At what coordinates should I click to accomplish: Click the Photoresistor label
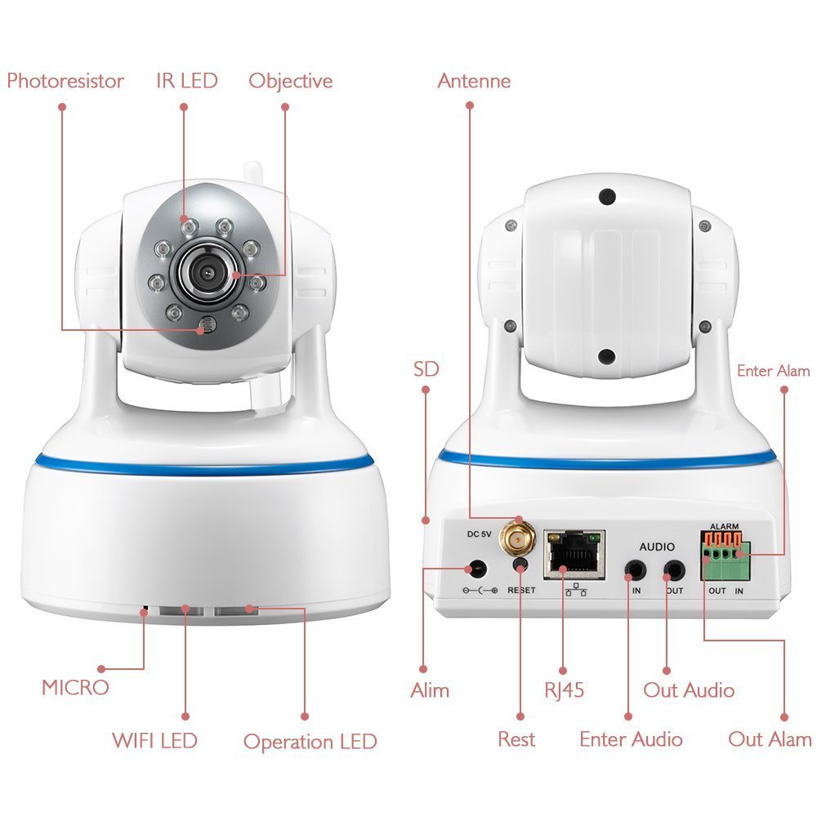(x=65, y=81)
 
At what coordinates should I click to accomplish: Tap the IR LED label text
(x=186, y=81)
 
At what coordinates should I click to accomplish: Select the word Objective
(x=290, y=81)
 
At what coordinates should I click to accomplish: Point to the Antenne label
(x=474, y=81)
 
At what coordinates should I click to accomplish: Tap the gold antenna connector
(x=517, y=538)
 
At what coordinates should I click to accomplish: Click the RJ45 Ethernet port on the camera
(x=574, y=555)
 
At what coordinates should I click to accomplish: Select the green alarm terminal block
(x=725, y=556)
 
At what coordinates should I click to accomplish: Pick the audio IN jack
(x=635, y=570)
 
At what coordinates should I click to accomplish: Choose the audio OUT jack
(x=674, y=570)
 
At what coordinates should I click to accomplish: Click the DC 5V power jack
(x=477, y=569)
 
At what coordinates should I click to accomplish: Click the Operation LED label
(x=310, y=742)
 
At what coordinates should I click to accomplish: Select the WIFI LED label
(x=154, y=740)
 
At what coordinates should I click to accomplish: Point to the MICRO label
(x=75, y=687)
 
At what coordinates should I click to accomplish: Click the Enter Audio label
(x=631, y=739)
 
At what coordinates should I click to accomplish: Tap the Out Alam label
(x=770, y=739)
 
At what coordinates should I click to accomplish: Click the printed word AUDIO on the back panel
(x=657, y=547)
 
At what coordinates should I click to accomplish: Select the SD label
(x=426, y=369)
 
